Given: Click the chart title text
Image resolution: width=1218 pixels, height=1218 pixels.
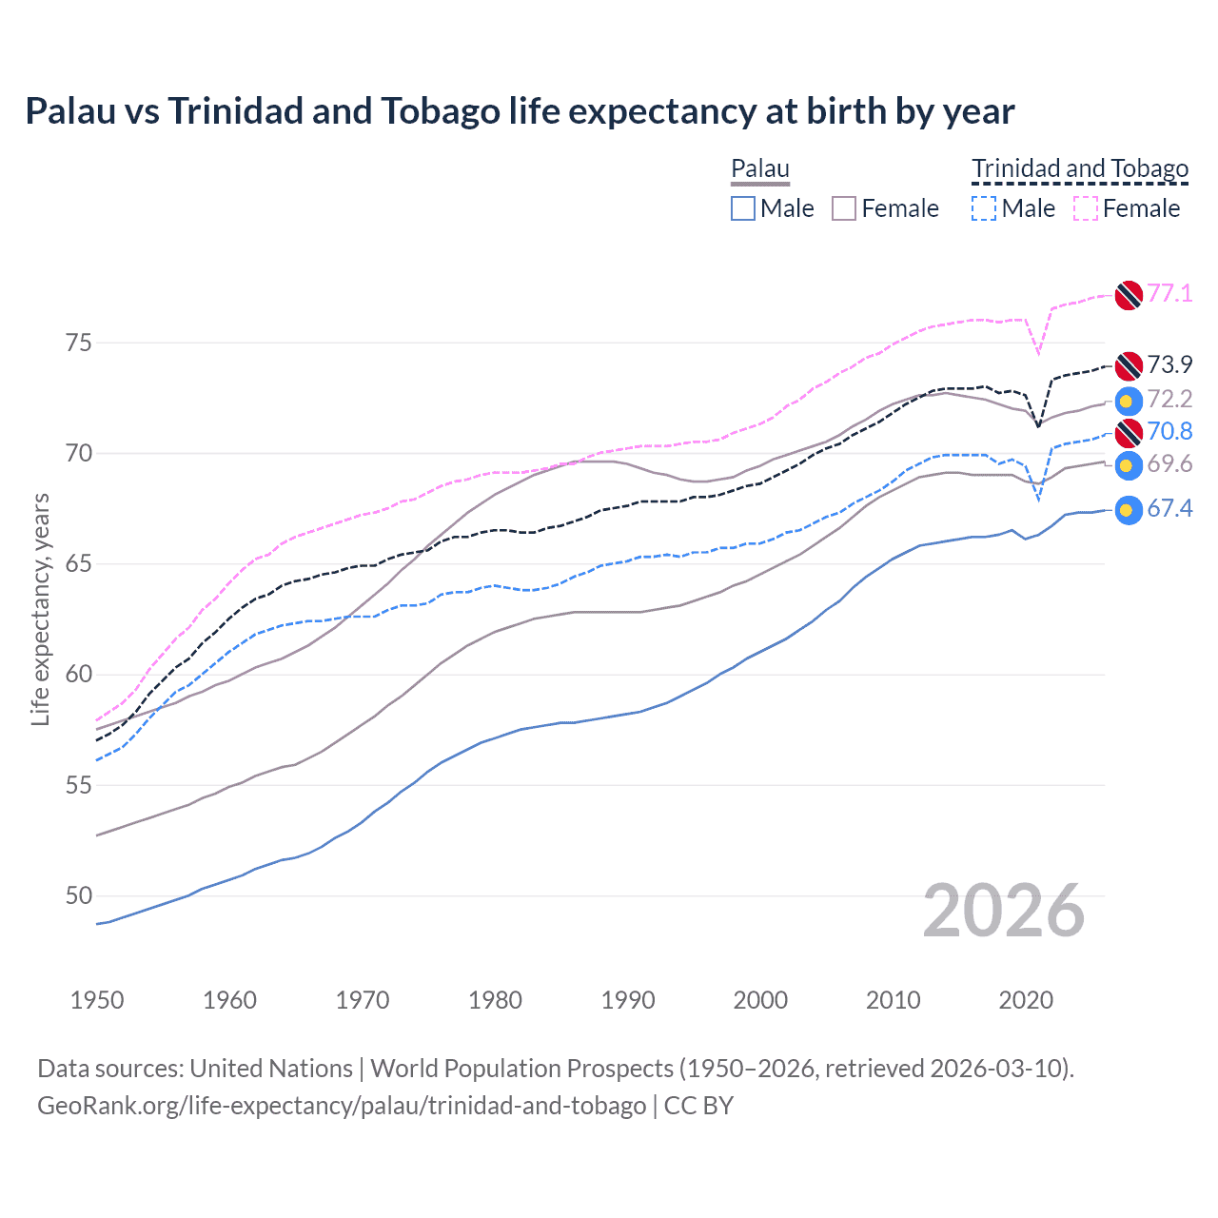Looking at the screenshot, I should [x=520, y=111].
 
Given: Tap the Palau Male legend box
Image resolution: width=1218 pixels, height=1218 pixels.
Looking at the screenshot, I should [x=743, y=208].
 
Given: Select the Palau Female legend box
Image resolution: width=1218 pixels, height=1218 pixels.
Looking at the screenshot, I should [x=845, y=208].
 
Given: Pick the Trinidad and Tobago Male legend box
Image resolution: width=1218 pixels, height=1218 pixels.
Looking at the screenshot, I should [x=984, y=208].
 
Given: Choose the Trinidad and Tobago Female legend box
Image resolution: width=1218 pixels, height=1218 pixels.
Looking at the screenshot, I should [x=1086, y=208].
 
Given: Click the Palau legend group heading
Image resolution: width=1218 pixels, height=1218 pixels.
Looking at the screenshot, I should [x=760, y=169].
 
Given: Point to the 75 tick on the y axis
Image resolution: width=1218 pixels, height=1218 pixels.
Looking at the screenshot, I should [x=79, y=343].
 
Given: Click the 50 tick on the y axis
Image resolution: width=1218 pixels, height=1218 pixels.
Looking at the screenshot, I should [x=79, y=896].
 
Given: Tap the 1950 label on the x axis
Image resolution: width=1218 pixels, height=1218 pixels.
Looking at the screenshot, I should [x=97, y=1000].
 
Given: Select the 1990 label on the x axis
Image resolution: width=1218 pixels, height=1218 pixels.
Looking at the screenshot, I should [x=628, y=1000].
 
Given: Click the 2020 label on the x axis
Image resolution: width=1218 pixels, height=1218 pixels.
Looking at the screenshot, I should [x=1026, y=1000].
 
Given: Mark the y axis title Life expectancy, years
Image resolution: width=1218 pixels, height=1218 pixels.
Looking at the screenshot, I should [x=40, y=609].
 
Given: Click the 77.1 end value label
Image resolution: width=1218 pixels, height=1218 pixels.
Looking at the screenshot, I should [x=1169, y=293].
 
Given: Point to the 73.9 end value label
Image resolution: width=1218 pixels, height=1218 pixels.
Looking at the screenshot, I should [x=1169, y=364].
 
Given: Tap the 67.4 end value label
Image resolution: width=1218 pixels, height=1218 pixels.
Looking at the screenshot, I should [x=1169, y=509].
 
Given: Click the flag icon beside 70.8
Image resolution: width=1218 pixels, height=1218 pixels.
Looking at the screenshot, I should [x=1129, y=432].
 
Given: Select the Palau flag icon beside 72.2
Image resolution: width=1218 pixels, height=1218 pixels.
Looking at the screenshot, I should [x=1129, y=401].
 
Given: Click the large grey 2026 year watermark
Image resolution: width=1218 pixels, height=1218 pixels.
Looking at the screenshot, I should [x=1004, y=911].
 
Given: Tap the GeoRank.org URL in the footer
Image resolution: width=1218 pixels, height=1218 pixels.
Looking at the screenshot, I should [x=342, y=1106].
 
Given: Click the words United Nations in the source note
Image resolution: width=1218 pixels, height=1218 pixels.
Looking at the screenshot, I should [x=271, y=1069].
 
